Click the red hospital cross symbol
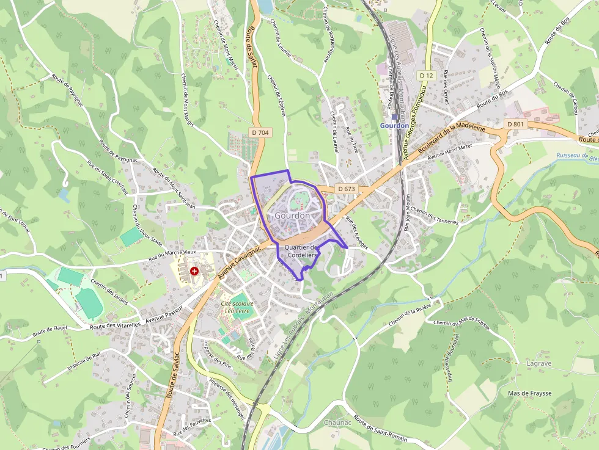194,270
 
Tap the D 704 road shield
260,132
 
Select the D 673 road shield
346,189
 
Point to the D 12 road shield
427,75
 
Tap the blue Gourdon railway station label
394,126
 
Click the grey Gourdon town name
292,216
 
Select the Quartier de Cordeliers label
302,250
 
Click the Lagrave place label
538,363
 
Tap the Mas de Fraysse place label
530,393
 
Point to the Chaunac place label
337,423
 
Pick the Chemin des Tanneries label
434,216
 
